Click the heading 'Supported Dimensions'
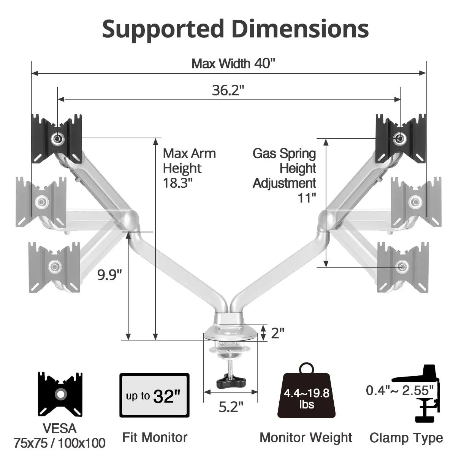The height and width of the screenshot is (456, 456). tap(235, 29)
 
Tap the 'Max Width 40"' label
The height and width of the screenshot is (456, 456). tap(233, 63)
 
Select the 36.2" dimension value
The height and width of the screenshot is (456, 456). tap(228, 90)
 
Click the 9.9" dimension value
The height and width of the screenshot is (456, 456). tap(109, 274)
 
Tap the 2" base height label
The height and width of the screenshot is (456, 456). tap(277, 333)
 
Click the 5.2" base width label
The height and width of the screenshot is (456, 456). tap(231, 407)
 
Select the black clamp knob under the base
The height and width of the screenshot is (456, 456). tap(230, 381)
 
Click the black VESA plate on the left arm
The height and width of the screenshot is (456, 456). tap(57, 139)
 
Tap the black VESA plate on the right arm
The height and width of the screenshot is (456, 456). tap(401, 138)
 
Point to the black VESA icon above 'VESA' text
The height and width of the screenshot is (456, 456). tap(60, 394)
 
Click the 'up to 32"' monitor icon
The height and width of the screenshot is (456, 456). tap(154, 395)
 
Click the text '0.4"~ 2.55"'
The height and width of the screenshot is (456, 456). tap(400, 390)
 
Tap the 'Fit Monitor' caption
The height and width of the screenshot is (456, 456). tap(155, 437)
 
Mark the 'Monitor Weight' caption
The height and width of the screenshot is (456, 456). tap(306, 437)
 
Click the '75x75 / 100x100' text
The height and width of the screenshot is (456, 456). tap(60, 443)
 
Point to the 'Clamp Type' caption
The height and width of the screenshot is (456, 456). tap(406, 438)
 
